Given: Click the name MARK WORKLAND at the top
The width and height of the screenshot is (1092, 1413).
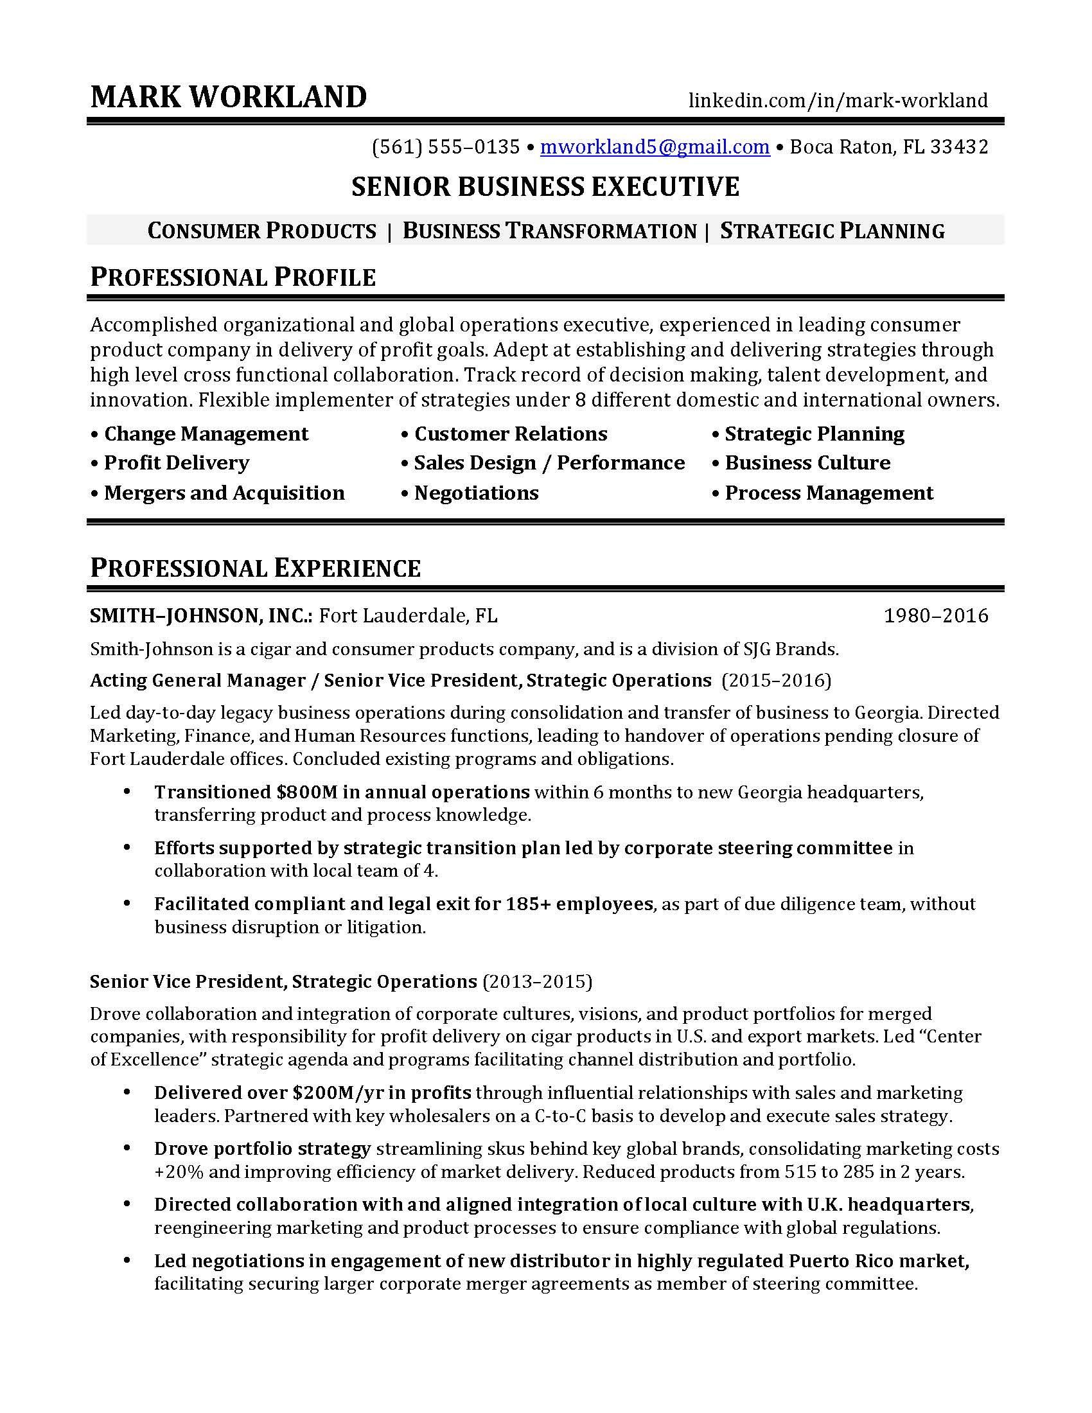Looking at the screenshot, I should point(229,97).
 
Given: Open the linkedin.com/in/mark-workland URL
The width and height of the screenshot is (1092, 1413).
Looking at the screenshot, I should point(838,100).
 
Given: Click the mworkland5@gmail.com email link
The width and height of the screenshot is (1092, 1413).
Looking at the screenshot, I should point(655,148).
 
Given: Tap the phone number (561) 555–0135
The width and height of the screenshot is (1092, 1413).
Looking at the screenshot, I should point(446,148).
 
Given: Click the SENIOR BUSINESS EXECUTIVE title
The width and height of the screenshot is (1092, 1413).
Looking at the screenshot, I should point(545,187).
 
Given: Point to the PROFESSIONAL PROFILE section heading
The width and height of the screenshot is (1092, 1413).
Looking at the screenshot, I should point(233,277).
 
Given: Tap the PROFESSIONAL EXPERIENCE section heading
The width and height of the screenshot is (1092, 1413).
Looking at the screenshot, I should point(256,568).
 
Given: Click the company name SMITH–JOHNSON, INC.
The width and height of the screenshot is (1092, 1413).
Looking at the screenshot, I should point(201,615).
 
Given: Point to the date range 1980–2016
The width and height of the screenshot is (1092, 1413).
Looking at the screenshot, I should point(935,615).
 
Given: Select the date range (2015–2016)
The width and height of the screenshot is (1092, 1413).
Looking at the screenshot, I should point(777,681).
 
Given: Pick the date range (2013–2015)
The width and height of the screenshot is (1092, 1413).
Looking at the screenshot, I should point(537,982).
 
